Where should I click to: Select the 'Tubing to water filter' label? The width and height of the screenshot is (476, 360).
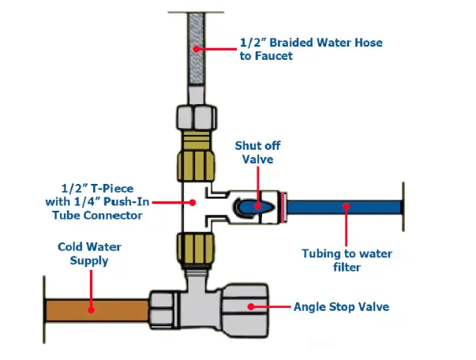point(347,260)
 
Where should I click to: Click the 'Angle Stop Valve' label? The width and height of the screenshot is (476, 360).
point(342,305)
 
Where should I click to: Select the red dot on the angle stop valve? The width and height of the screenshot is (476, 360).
point(251,306)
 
